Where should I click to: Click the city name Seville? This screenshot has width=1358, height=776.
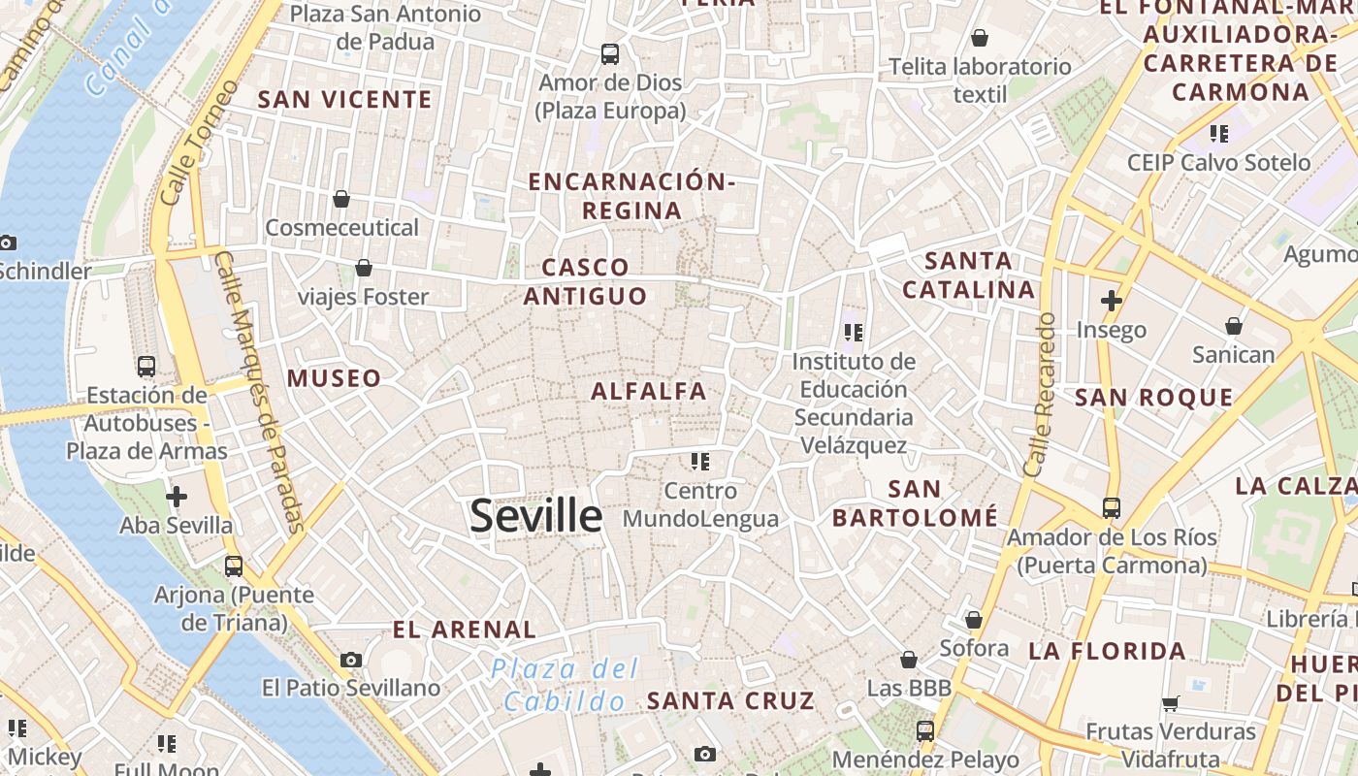pos(535,516)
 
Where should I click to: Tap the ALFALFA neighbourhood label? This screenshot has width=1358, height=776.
pos(649,392)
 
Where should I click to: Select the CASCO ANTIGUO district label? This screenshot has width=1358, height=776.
pos(586,281)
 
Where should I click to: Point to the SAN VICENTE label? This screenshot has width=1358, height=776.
pos(345,100)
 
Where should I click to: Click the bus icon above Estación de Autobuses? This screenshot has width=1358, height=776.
pos(146,367)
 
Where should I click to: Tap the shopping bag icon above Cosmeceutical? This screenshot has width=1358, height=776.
pos(341,199)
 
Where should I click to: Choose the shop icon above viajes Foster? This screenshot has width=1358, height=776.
pos(363,268)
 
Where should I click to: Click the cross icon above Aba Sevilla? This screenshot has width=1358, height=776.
pos(176,498)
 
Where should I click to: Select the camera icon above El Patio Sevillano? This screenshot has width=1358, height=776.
pos(351,661)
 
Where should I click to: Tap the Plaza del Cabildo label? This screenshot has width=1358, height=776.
pos(565,685)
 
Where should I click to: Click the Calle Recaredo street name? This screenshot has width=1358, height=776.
pos(1039,394)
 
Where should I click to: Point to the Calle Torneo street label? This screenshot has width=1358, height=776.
pos(197,143)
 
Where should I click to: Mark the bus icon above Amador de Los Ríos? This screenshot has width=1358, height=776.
pos(1111,507)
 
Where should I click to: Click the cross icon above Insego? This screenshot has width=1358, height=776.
pos(1112,301)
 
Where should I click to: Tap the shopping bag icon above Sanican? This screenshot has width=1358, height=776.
pos(1234,326)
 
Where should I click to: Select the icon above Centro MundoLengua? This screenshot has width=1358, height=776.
pos(700,462)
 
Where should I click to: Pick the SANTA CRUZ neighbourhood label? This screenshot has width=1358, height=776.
pos(730,700)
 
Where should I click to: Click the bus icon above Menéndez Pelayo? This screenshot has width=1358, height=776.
pos(925,731)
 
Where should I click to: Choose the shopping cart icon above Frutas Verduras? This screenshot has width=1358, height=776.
pos(1171,703)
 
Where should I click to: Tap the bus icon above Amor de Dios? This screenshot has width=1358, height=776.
pos(610,54)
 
